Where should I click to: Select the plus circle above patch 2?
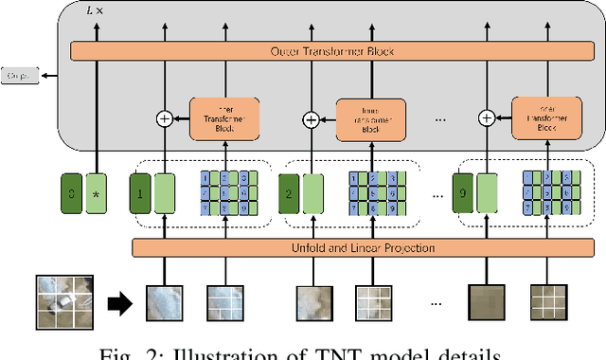[310, 119]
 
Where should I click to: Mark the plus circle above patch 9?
[487, 119]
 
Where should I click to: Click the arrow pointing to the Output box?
[47, 75]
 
